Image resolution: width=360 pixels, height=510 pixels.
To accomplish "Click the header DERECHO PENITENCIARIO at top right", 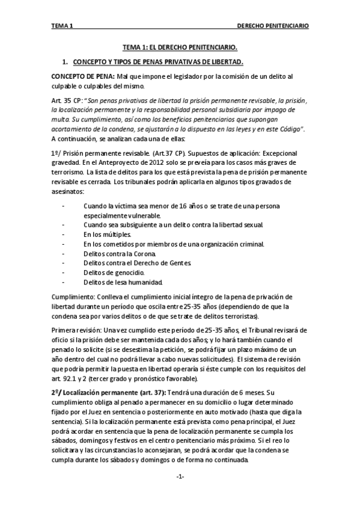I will click(x=273, y=26).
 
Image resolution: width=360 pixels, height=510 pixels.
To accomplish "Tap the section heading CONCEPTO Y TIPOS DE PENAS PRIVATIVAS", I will click(x=157, y=62).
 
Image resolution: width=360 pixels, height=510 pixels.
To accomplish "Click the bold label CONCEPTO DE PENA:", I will click(x=83, y=77).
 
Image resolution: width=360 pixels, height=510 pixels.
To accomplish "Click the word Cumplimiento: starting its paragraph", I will click(x=72, y=297).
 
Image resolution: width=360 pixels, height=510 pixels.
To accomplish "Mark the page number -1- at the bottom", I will click(x=180, y=476).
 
